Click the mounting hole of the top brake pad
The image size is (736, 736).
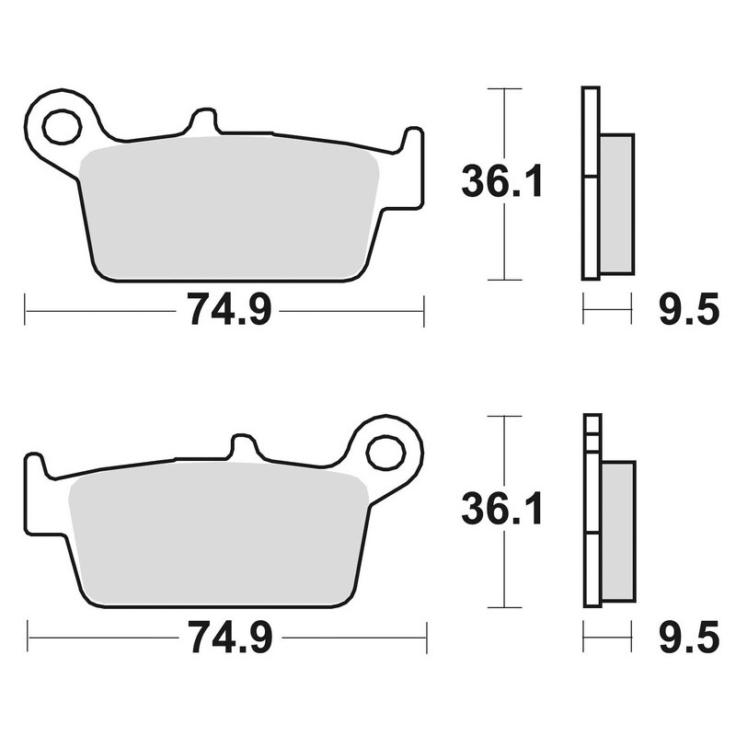pyautogui.click(x=62, y=127)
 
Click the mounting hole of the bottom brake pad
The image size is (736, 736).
pyautogui.click(x=385, y=453)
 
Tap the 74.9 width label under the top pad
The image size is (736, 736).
pyautogui.click(x=229, y=311)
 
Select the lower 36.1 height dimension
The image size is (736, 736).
pyautogui.click(x=502, y=509)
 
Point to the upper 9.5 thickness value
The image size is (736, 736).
pyautogui.click(x=687, y=311)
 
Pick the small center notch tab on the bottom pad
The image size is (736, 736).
pyautogui.click(x=243, y=447)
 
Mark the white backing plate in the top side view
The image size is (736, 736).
pyautogui.click(x=590, y=184)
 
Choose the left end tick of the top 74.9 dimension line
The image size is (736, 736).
pyautogui.click(x=26, y=311)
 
